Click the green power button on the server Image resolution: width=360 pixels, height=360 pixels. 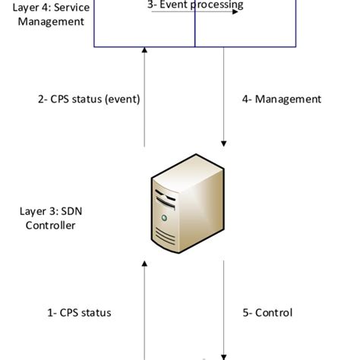pyautogui.click(x=163, y=217)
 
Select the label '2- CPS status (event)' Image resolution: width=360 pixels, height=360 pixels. pyautogui.click(x=89, y=99)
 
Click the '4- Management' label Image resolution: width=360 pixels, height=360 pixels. pyautogui.click(x=281, y=99)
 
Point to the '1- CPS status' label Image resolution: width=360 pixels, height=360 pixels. pyautogui.click(x=74, y=312)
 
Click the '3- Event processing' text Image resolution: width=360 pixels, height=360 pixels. pyautogui.click(x=195, y=5)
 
